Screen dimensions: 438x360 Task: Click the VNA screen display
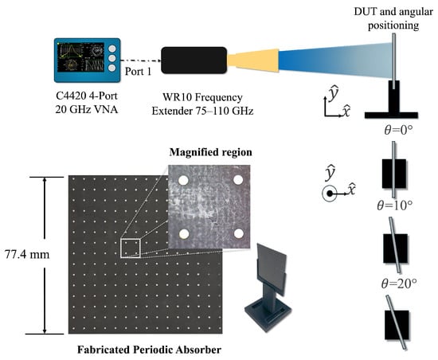pos(80,57)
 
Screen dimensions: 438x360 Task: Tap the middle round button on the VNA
pos(112,58)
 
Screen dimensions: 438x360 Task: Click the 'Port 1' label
pos(138,72)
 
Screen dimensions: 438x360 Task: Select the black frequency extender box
pos(194,61)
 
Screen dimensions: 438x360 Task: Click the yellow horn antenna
pos(252,61)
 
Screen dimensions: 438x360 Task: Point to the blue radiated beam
pos(334,61)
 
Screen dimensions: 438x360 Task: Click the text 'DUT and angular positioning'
pos(393,18)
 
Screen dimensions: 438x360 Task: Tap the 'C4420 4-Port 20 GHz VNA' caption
pos(87,103)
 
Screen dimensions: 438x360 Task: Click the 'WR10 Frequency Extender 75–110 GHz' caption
pos(202,104)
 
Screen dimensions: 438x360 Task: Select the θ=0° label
pos(399,130)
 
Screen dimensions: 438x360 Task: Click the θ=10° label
pos(394,205)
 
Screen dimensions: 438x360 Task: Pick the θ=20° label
pos(399,284)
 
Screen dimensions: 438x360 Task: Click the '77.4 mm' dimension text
pos(27,254)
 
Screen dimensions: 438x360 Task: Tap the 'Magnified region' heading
pos(210,152)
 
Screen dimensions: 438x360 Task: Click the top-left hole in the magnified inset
pos(183,181)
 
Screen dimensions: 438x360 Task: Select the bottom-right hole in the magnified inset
pos(238,233)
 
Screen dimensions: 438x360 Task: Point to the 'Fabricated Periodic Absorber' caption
pos(149,350)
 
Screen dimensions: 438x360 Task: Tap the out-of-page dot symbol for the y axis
pos(330,194)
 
